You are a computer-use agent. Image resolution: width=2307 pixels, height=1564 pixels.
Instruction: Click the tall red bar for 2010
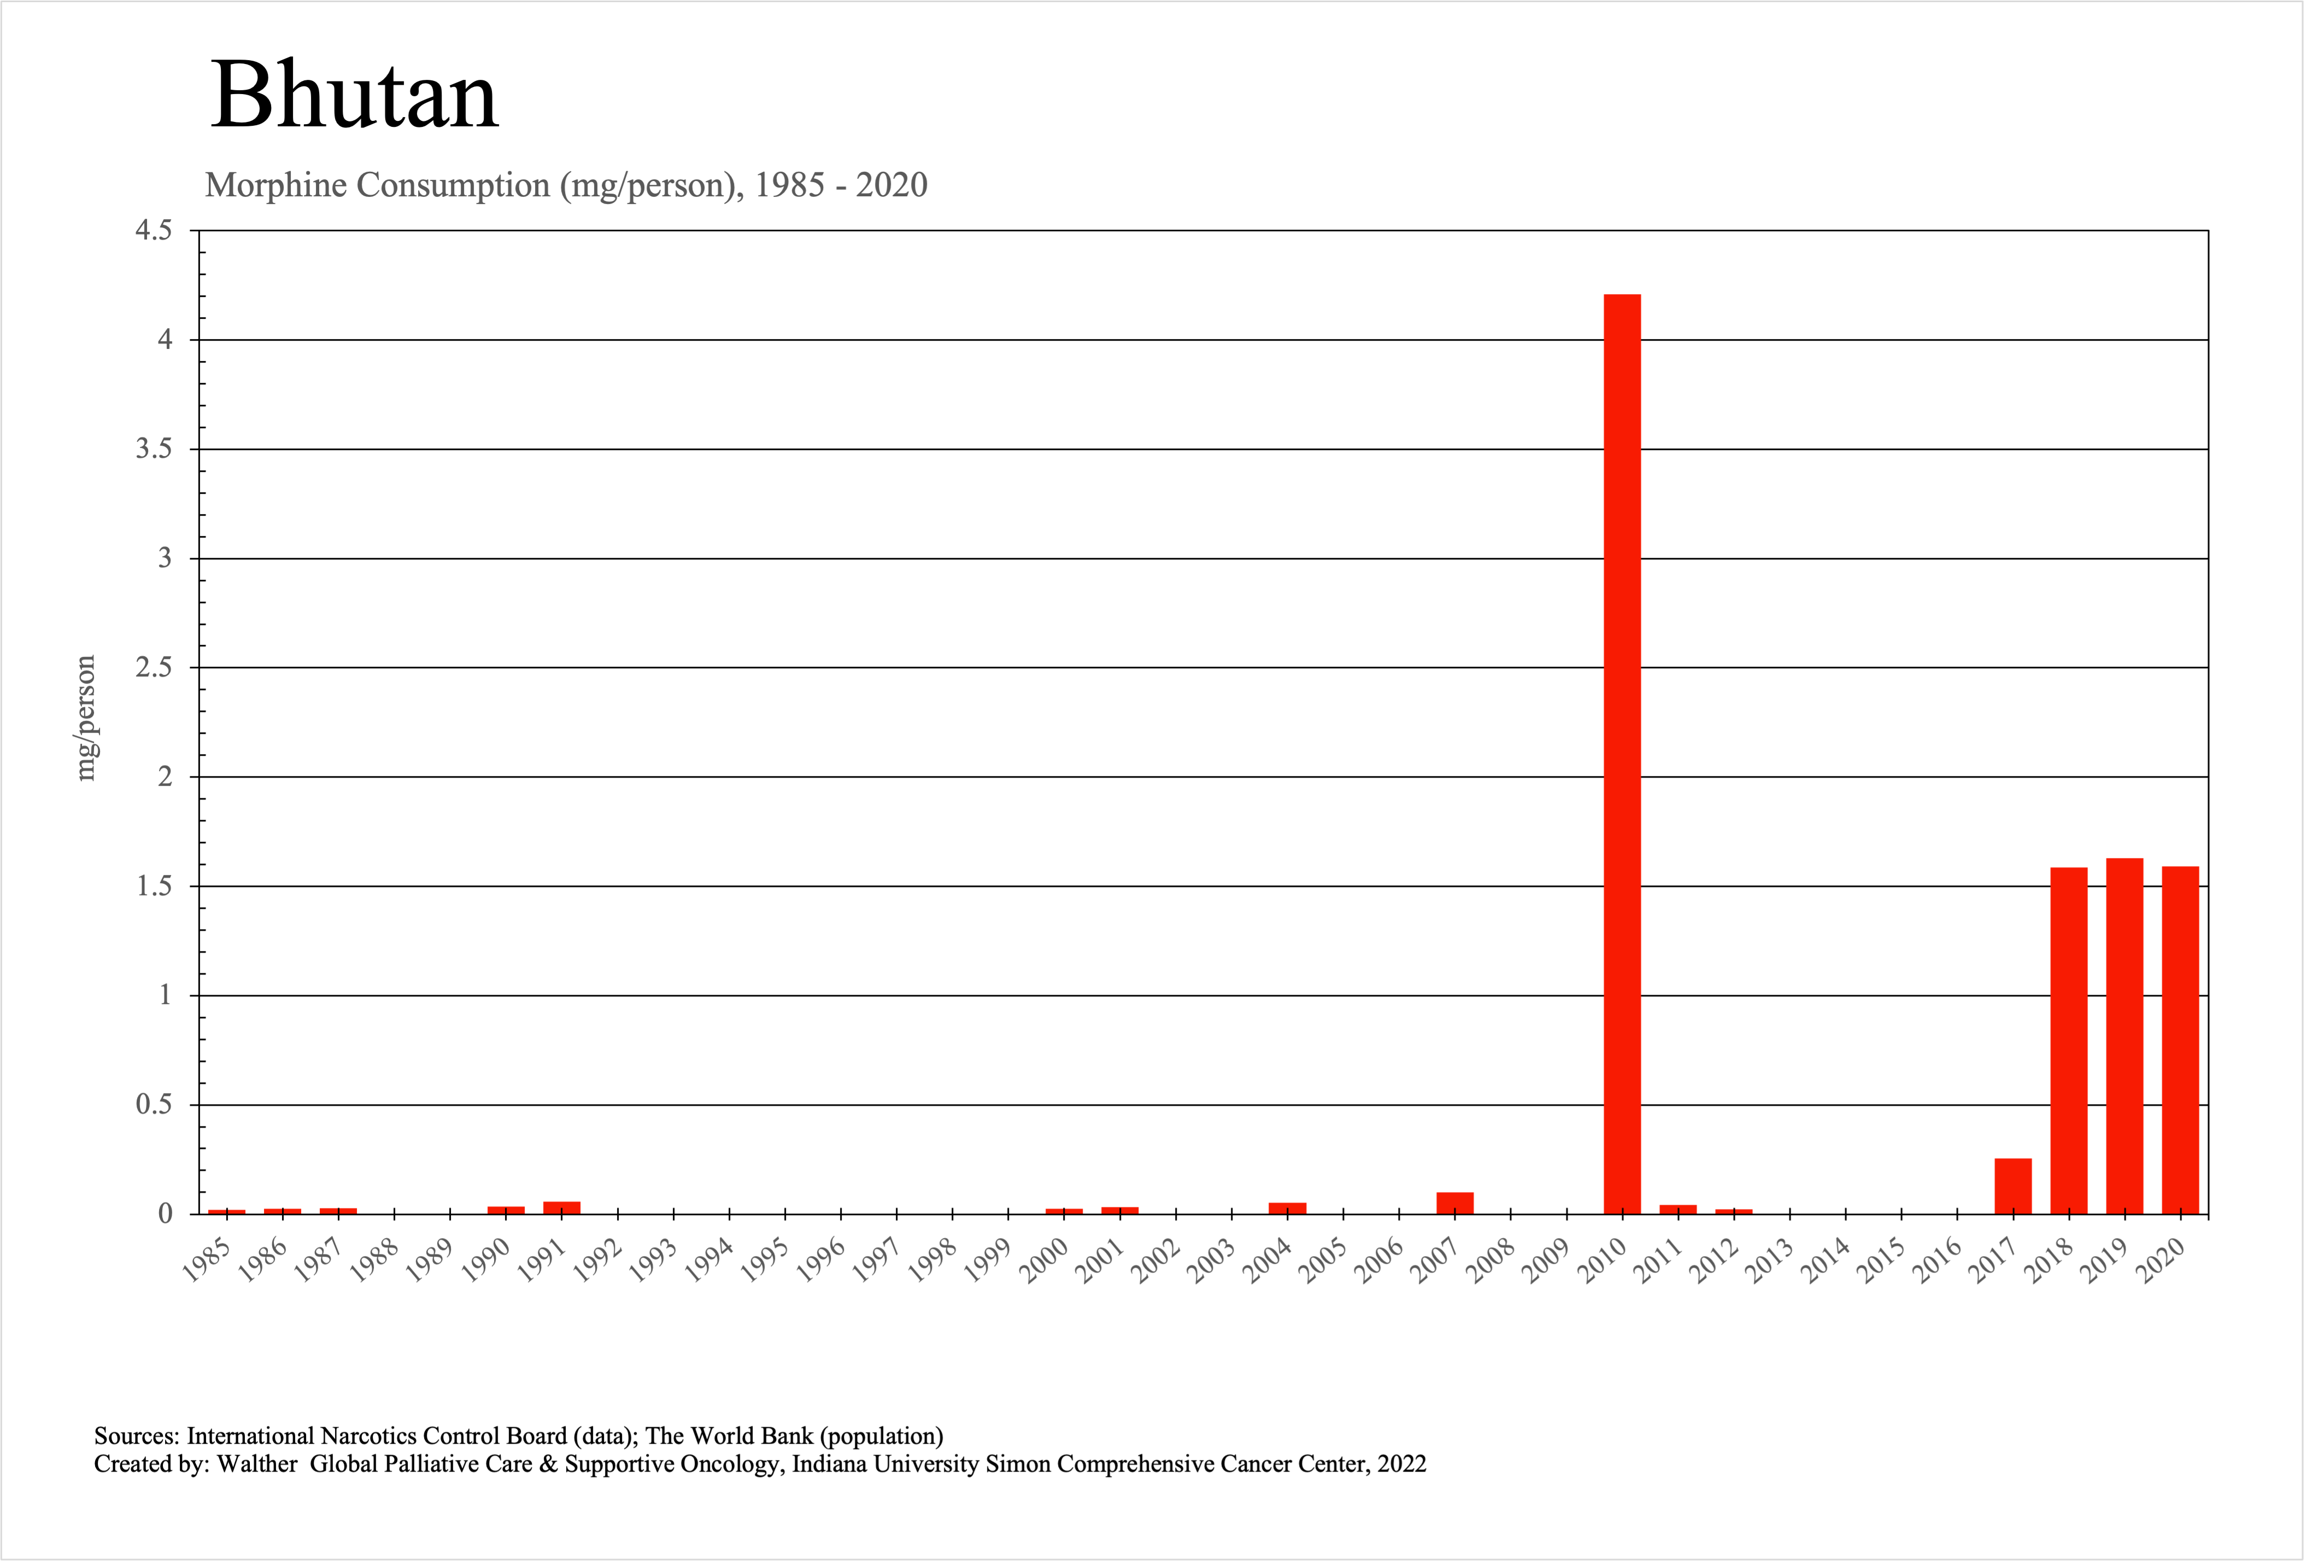1622,755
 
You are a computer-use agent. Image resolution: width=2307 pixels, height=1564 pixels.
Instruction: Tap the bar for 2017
2013,1187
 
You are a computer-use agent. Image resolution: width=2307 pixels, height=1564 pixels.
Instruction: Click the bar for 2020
2180,1041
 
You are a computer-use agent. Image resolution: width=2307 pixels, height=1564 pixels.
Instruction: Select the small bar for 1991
562,1207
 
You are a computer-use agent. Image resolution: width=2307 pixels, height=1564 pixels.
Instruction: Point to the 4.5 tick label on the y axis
154,230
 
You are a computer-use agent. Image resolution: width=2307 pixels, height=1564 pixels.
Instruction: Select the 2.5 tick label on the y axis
154,667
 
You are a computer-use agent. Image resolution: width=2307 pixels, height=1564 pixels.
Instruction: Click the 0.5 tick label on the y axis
154,1104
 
